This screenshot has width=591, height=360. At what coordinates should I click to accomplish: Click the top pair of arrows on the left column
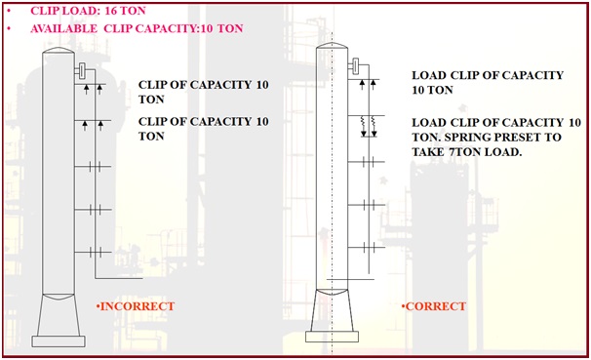coord(94,90)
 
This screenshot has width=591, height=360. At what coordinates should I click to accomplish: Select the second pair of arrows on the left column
coord(94,124)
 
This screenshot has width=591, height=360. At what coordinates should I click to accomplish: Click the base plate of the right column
coord(332,337)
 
